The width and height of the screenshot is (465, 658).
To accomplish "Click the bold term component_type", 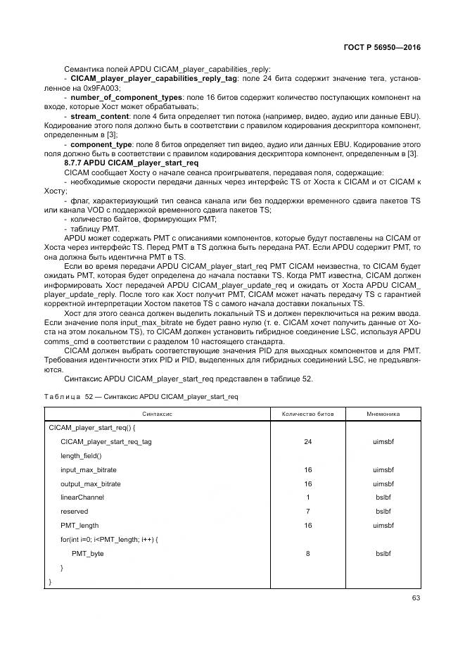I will coord(103,143).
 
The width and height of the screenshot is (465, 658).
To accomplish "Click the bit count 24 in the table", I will coord(307,442).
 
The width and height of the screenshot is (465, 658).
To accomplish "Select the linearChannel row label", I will coord(82,497).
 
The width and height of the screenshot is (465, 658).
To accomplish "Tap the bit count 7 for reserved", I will coord(307,511).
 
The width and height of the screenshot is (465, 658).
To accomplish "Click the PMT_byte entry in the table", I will coord(87,553).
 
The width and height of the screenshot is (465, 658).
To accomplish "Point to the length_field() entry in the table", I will coord(81,455).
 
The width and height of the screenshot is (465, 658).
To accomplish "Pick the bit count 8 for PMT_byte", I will coord(307,553).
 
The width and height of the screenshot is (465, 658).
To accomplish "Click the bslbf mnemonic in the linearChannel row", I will coord(383,497).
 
